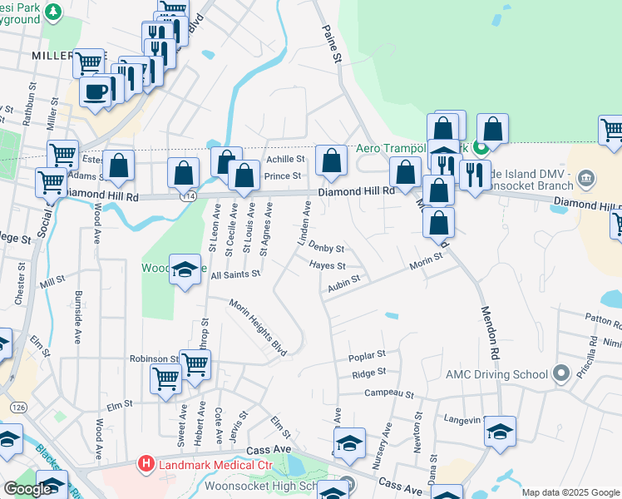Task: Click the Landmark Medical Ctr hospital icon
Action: coord(147,463)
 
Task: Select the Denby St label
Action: coord(326,247)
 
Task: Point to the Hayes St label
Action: coord(327,266)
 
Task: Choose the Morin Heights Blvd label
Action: coord(258,338)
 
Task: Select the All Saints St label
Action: coord(236,274)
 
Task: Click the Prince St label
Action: coord(282,176)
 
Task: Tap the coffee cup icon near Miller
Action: coord(96,91)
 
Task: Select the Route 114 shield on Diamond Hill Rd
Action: coord(190,196)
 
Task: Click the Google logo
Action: coord(28,489)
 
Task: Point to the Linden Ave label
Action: coord(305,225)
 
